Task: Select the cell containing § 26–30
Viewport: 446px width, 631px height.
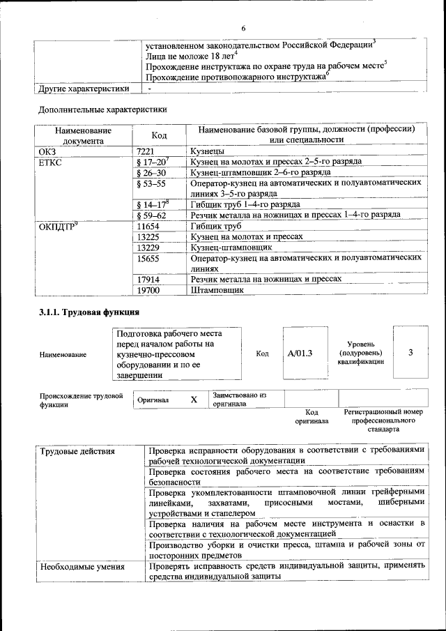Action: [x=151, y=172]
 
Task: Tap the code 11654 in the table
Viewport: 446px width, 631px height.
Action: [x=150, y=226]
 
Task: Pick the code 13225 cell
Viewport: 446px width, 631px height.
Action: [x=150, y=236]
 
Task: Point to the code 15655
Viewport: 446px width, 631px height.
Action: [x=150, y=258]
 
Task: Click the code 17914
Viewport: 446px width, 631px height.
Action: [x=150, y=279]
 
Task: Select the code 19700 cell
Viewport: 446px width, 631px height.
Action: [x=150, y=289]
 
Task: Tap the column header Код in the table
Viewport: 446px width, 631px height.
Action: [x=159, y=135]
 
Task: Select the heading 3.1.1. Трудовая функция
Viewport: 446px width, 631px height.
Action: [x=89, y=312]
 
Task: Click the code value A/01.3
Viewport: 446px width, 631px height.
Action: [x=300, y=353]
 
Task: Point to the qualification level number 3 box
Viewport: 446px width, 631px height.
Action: [x=410, y=352]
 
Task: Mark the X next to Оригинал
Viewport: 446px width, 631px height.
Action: [x=194, y=400]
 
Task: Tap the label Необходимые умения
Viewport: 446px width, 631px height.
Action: [x=82, y=567]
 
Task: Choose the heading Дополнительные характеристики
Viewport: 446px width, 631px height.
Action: [x=102, y=109]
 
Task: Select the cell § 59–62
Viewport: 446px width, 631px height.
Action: [x=151, y=215]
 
